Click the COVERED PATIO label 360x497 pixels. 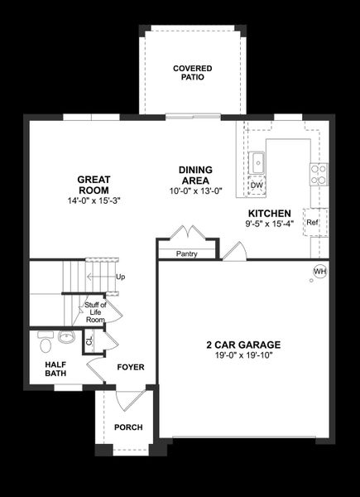[x=192, y=72]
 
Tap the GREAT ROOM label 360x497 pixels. [x=94, y=184]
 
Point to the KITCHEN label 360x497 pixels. [x=267, y=213]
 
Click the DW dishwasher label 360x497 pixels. [x=257, y=186]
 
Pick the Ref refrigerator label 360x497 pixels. [x=312, y=223]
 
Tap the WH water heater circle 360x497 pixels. [x=319, y=272]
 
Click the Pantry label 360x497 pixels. [x=187, y=253]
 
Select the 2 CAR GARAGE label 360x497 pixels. [x=243, y=345]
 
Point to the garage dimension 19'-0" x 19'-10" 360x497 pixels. [x=243, y=355]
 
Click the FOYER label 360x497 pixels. [x=131, y=367]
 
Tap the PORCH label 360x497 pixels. [x=128, y=427]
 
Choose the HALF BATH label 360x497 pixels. [x=56, y=368]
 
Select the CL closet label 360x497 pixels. [x=89, y=340]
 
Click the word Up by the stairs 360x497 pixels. [x=121, y=277]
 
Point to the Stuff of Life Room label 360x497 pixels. [x=95, y=312]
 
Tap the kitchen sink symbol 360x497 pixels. [x=257, y=161]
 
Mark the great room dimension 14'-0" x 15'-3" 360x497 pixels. [x=94, y=200]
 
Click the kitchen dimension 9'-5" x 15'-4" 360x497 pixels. [x=267, y=224]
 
